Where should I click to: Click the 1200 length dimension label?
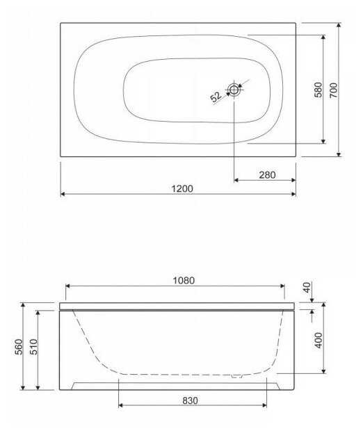(x=182, y=188)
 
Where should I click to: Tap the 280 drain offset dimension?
(x=267, y=174)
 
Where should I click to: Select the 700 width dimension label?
(x=333, y=90)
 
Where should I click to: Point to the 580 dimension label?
(x=318, y=90)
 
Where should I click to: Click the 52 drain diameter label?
(x=216, y=97)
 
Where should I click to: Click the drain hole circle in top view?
(x=234, y=90)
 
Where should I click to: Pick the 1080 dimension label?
(x=184, y=280)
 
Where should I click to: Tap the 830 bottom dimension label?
(x=190, y=401)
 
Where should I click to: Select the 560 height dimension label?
(x=18, y=347)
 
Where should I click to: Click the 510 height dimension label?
(x=33, y=347)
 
